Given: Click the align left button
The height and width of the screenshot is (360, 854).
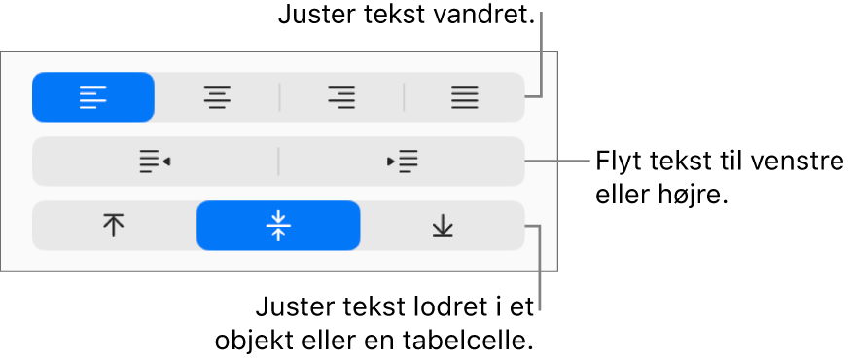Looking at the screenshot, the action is pyautogui.click(x=93, y=97).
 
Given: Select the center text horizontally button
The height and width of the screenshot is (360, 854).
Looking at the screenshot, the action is pyautogui.click(x=217, y=97).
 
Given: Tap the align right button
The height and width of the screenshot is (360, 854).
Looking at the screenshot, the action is pyautogui.click(x=341, y=97).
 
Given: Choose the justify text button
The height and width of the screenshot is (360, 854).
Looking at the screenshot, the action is pyautogui.click(x=464, y=97).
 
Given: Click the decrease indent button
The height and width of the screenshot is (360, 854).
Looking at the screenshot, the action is pyautogui.click(x=156, y=162).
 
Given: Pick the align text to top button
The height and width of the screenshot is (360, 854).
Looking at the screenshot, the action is pyautogui.click(x=114, y=226).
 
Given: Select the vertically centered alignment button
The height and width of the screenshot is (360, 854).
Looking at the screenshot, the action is pyautogui.click(x=278, y=226).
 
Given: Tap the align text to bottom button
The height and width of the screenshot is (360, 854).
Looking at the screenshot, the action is pyautogui.click(x=443, y=226).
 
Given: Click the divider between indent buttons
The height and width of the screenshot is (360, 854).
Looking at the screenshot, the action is pyautogui.click(x=278, y=162).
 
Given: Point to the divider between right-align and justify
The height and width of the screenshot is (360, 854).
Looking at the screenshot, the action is pyautogui.click(x=404, y=97).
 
